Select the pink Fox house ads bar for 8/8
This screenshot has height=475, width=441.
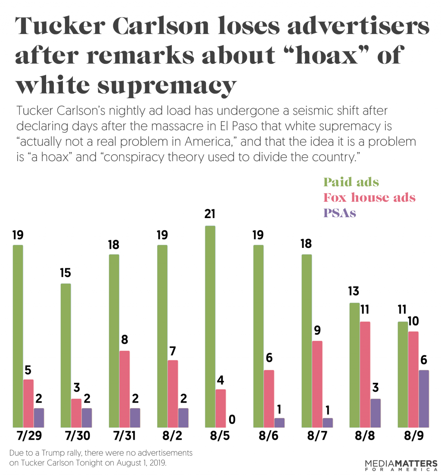click(365, 375)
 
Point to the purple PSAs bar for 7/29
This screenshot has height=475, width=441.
click(39, 418)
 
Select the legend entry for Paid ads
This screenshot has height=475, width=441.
click(351, 182)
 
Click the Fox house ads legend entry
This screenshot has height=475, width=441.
click(369, 197)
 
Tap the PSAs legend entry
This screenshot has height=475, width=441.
click(340, 213)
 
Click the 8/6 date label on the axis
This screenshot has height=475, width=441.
click(269, 436)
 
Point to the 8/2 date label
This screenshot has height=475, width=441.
click(172, 436)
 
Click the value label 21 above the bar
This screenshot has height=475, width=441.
click(210, 214)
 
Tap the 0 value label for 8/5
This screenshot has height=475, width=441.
click(232, 419)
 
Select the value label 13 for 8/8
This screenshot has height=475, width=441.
click(354, 291)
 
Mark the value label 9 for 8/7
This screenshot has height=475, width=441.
click(317, 330)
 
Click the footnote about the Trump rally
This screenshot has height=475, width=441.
click(100, 459)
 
